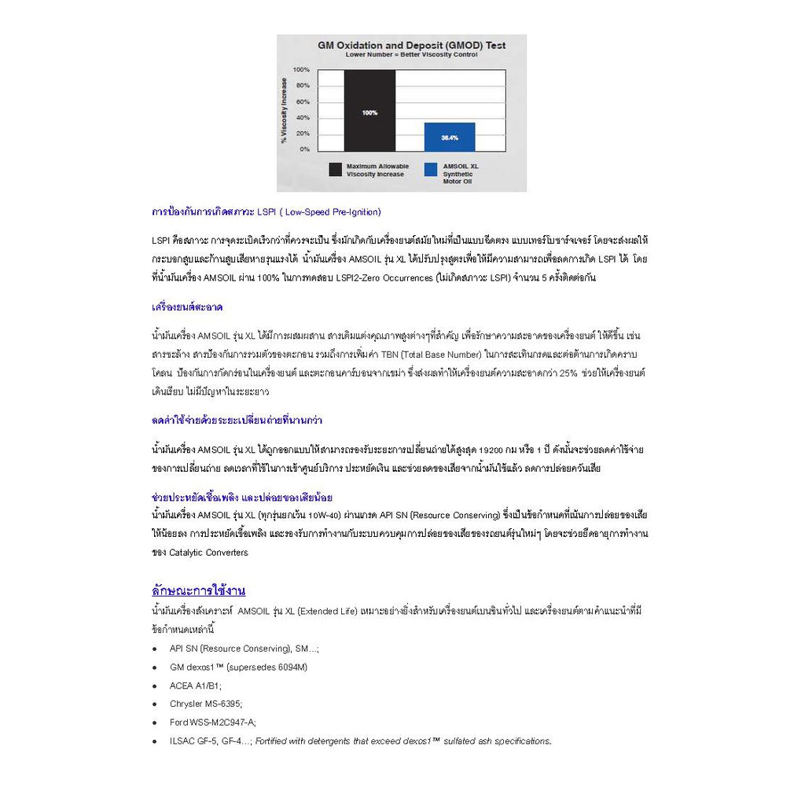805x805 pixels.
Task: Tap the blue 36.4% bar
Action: pyautogui.click(x=450, y=137)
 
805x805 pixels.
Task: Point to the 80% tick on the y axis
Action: pyautogui.click(x=302, y=86)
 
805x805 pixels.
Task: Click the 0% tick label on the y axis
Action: pyautogui.click(x=303, y=149)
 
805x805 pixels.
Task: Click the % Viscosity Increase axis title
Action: pyautogui.click(x=284, y=110)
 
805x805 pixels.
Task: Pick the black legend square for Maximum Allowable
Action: pyautogui.click(x=336, y=169)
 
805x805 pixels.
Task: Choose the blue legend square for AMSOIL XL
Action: pyautogui.click(x=430, y=169)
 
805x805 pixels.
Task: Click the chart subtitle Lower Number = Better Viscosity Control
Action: pyautogui.click(x=411, y=56)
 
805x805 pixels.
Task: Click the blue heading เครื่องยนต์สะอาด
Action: pyautogui.click(x=187, y=307)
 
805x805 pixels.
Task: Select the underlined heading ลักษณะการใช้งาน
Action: pyautogui.click(x=198, y=590)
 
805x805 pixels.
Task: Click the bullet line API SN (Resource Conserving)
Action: pyautogui.click(x=244, y=649)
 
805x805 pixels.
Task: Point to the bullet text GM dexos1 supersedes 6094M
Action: pyautogui.click(x=238, y=667)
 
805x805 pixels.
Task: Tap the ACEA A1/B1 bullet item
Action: pyautogui.click(x=196, y=686)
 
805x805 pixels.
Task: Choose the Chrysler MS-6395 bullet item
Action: pyautogui.click(x=206, y=704)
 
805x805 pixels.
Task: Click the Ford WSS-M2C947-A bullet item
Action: pyautogui.click(x=212, y=722)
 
